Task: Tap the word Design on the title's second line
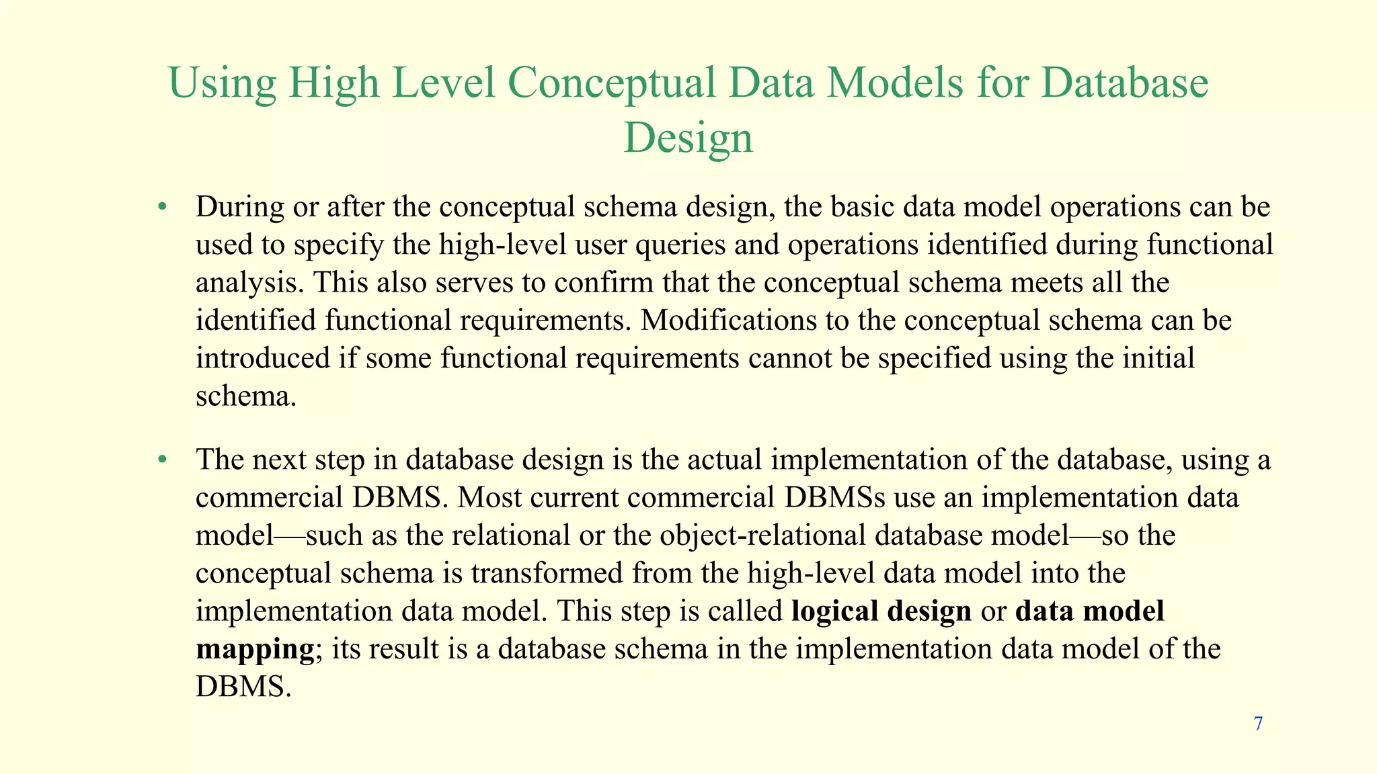(688, 138)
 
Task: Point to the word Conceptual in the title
(611, 83)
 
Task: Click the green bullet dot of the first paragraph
(161, 207)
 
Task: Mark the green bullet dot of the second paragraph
(161, 460)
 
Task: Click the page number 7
(1258, 724)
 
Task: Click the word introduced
(263, 358)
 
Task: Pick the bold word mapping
(255, 650)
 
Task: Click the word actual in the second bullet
(724, 460)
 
